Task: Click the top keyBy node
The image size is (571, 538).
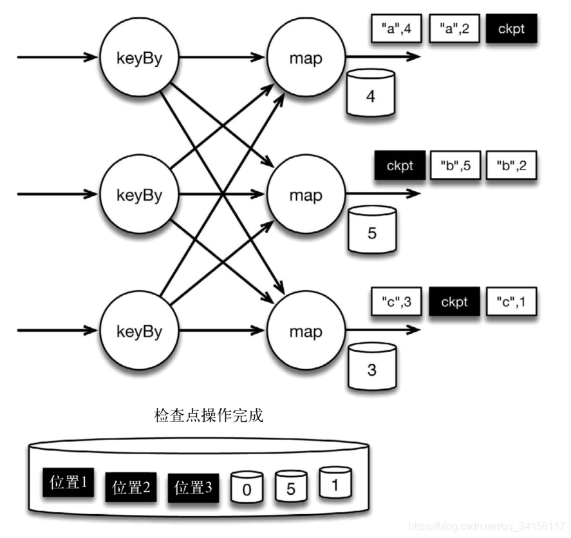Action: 139,57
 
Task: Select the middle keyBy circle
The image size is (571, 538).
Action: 139,194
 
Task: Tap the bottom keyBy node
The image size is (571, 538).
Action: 139,331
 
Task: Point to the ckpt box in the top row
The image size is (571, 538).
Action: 511,30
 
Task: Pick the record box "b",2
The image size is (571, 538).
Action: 511,166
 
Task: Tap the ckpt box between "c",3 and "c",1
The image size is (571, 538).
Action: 454,302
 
